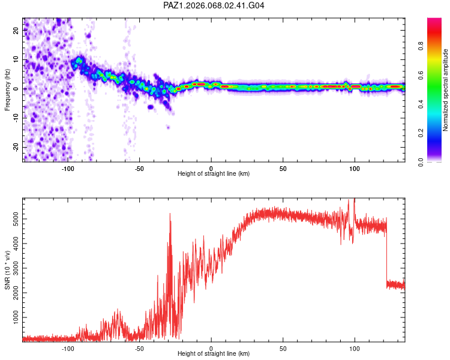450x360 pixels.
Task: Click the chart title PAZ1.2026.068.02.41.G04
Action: [214, 5]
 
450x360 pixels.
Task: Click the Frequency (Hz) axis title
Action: [7, 89]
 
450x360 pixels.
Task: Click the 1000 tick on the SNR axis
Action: [14, 316]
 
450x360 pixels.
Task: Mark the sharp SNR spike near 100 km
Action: [354, 200]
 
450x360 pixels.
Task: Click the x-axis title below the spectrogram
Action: [214, 174]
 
